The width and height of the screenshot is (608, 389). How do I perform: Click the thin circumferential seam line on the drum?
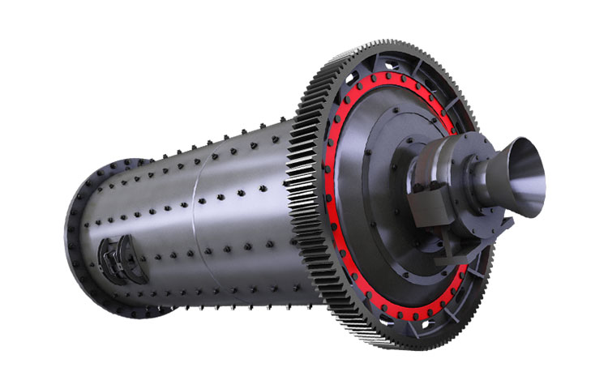pos(195,219)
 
